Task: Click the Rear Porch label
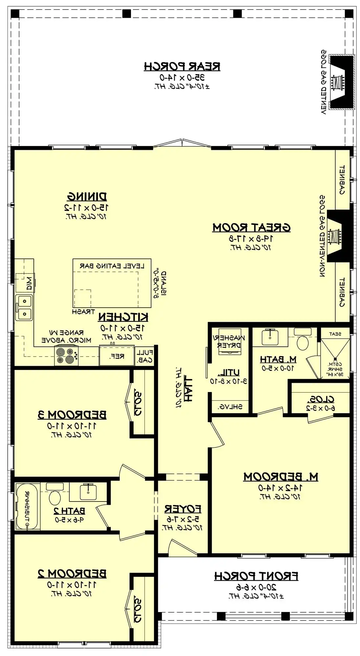click(182, 67)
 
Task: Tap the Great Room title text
click(251, 228)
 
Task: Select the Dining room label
click(87, 197)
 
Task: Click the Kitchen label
click(123, 317)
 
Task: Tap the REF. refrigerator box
click(117, 356)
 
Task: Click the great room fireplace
click(338, 236)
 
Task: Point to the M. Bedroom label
click(281, 477)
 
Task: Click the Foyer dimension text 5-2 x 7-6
click(182, 519)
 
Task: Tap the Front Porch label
click(256, 576)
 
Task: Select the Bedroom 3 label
click(72, 415)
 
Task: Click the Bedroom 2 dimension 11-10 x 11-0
click(72, 585)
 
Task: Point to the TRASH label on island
click(83, 312)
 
